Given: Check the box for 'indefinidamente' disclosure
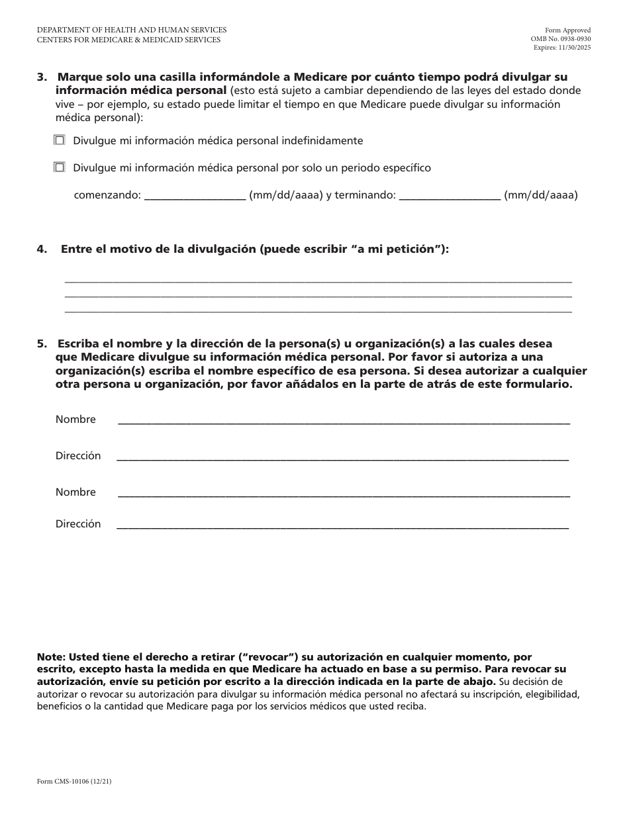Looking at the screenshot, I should [x=60, y=140].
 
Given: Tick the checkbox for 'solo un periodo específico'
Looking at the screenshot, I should [x=60, y=167].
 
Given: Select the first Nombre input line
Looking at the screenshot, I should [x=344, y=421].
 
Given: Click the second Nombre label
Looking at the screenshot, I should [x=75, y=492].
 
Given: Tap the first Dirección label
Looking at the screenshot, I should [x=78, y=456].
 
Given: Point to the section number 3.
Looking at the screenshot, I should [x=41, y=77].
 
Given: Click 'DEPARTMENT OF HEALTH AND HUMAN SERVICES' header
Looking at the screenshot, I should [x=132, y=30].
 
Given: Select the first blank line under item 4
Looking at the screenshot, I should [x=318, y=281].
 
